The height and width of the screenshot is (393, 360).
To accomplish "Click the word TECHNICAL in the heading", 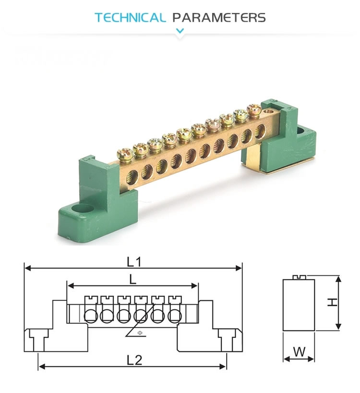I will coord(130,18).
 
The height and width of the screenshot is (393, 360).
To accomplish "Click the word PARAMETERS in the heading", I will coord(219,18).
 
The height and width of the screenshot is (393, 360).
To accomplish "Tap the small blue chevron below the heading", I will coord(180,31).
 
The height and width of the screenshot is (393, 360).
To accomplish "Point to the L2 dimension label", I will coord(135,360).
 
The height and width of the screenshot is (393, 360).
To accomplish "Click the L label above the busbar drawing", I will coord(132,278).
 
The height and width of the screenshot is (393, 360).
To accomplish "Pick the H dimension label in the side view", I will coord(331,302).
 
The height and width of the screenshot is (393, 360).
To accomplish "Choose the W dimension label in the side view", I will coord(299,352).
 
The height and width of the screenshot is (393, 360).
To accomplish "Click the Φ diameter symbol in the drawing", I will coord(140,332).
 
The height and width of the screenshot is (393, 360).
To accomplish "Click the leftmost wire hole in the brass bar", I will coord(130,180).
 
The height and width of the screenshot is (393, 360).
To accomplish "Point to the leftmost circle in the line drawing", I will coord(90,316).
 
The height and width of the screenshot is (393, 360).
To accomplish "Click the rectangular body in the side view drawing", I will coord(299,306).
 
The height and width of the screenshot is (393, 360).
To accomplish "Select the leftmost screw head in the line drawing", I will coord(90,300).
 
